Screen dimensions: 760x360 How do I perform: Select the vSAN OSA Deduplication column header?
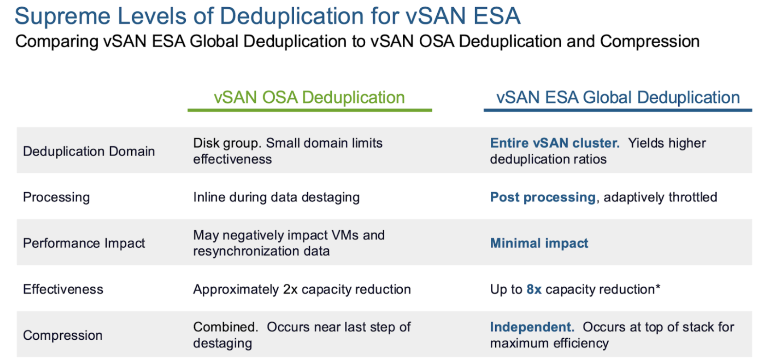pyautogui.click(x=309, y=97)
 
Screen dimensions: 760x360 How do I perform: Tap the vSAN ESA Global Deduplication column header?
pyautogui.click(x=618, y=97)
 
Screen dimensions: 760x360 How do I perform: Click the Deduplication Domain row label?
pyautogui.click(x=89, y=151)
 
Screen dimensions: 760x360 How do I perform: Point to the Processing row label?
pyautogui.click(x=56, y=197)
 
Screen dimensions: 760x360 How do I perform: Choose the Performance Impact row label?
pyautogui.click(x=84, y=243)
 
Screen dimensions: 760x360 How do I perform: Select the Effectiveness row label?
pyautogui.click(x=63, y=289)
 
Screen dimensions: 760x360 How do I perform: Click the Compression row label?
pyautogui.click(x=63, y=335)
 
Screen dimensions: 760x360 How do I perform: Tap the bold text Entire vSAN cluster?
pyautogui.click(x=555, y=143)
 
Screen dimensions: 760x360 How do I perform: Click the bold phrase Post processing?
pyautogui.click(x=543, y=197)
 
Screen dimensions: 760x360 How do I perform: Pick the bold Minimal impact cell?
pyautogui.click(x=539, y=243)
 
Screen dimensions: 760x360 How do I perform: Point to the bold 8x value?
pyautogui.click(x=534, y=289)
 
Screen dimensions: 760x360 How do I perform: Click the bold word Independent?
pyautogui.click(x=532, y=327)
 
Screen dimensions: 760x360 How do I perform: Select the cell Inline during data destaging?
pyautogui.click(x=276, y=197)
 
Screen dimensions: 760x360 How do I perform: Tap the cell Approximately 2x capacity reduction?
pyautogui.click(x=302, y=289)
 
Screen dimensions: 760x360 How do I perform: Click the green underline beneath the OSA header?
pyautogui.click(x=310, y=110)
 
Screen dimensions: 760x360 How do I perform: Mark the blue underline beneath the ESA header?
pyautogui.click(x=618, y=110)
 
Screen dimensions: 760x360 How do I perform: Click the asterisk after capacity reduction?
pyautogui.click(x=658, y=287)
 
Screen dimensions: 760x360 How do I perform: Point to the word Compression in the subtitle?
pyautogui.click(x=650, y=42)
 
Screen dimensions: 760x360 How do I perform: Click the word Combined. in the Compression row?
pyautogui.click(x=225, y=327)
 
